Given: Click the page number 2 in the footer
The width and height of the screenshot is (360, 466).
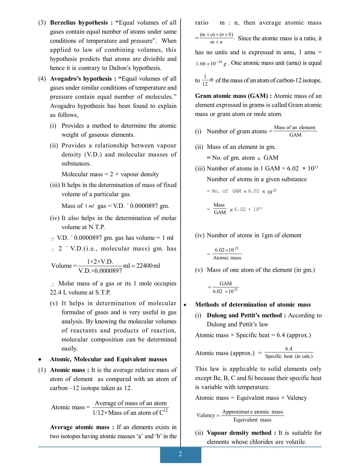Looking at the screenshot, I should (180, 454).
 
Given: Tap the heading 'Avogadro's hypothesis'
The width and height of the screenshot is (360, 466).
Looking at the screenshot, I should (81, 79).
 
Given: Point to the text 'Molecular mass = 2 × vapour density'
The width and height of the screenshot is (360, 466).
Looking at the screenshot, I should (110, 174).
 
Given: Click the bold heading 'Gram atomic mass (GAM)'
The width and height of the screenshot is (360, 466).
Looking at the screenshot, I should (233, 96).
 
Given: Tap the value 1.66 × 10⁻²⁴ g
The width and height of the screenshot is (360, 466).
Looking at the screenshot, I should (211, 64).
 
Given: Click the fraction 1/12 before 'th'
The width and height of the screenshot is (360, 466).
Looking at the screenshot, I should (205, 80).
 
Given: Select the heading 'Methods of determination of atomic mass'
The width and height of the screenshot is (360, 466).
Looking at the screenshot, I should (253, 304).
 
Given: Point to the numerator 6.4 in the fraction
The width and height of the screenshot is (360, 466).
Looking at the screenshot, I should (289, 349).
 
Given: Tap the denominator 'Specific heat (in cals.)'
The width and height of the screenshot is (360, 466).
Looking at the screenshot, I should (289, 356).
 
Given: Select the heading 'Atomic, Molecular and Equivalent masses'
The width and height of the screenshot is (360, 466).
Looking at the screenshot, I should (108, 359).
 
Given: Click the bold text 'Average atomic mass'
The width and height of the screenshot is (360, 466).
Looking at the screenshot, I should (80, 427).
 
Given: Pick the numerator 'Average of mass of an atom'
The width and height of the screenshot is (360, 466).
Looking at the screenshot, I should (130, 403).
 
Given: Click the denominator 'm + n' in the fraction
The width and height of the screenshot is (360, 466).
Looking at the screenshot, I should (216, 42).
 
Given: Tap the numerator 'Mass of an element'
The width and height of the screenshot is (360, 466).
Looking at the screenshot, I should (294, 127).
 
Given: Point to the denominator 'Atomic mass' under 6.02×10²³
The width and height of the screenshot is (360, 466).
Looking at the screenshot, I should (227, 258).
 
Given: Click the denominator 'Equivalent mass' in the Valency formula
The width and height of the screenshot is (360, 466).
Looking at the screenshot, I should (252, 420).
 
